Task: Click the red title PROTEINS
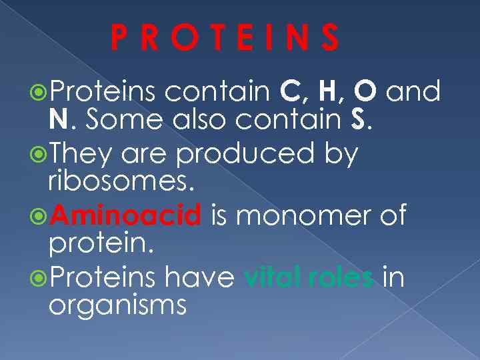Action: coord(225,39)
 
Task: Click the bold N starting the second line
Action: coord(58,120)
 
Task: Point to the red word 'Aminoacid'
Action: coord(125,216)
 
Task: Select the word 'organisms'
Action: coord(117,307)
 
